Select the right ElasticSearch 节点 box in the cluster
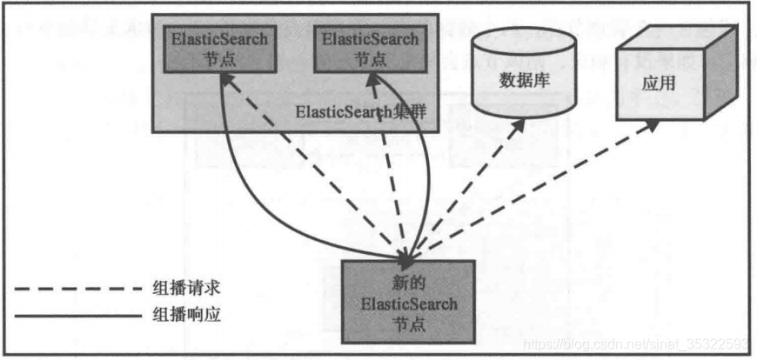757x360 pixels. pos(369,50)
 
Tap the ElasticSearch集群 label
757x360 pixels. pos(352,111)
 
